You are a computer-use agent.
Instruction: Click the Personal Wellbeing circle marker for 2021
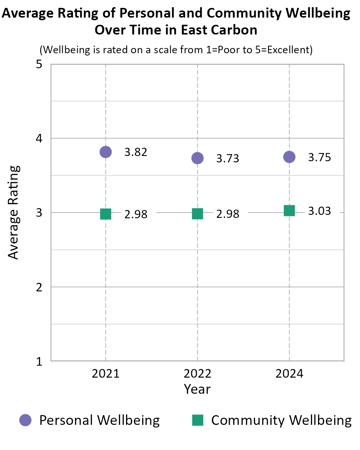(x=106, y=152)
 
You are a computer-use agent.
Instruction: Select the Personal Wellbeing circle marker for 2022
(x=198, y=158)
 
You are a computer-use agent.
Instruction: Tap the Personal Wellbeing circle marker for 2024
(x=289, y=157)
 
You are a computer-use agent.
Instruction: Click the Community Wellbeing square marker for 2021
(x=106, y=214)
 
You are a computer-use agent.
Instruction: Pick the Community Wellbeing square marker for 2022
(x=198, y=214)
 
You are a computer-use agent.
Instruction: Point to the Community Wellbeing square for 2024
(x=289, y=210)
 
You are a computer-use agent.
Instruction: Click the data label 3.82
(x=136, y=152)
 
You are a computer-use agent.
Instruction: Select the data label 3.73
(x=228, y=159)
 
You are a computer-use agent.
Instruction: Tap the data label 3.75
(x=319, y=157)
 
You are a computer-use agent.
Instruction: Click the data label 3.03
(x=319, y=211)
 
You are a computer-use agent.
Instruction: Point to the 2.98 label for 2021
(x=136, y=214)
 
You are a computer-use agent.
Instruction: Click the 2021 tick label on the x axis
(x=106, y=374)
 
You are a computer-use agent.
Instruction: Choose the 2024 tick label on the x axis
(x=289, y=374)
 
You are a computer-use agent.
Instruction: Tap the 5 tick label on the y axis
(x=39, y=64)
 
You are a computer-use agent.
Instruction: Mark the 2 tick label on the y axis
(x=39, y=287)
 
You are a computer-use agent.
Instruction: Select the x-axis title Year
(x=197, y=389)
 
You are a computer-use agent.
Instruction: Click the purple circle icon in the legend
(x=25, y=420)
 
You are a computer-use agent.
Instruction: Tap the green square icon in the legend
(x=198, y=420)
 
